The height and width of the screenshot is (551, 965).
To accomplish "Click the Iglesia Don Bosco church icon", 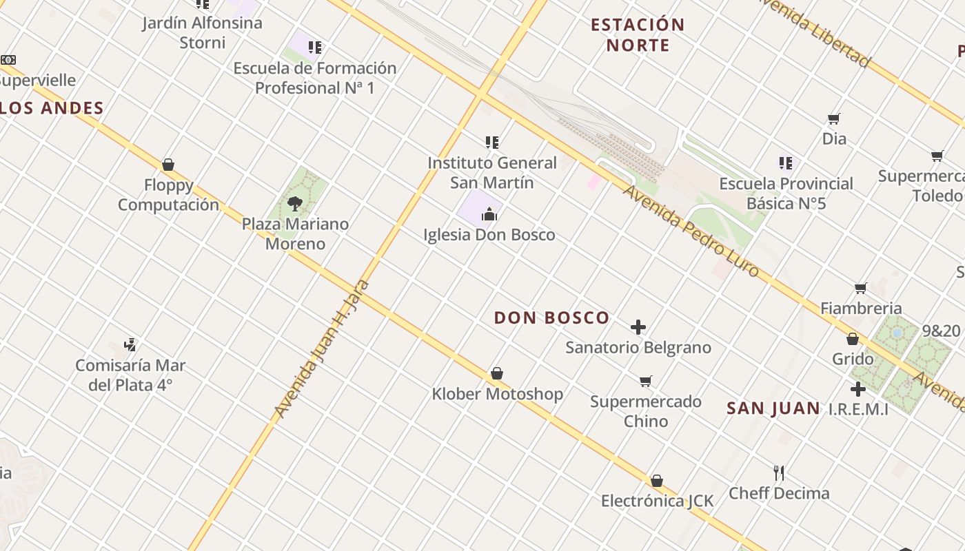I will click(x=489, y=214).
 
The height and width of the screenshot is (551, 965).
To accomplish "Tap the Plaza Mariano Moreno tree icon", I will click(x=295, y=203).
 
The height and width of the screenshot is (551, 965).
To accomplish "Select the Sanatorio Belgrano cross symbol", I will click(x=638, y=326).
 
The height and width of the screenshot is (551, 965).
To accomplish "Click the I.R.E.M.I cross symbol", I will click(x=857, y=389).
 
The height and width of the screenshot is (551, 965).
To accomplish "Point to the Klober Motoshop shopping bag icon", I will click(x=496, y=373).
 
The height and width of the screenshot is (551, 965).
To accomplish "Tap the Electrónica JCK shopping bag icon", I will click(x=657, y=480).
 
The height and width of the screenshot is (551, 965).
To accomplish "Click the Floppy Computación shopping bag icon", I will click(x=167, y=165).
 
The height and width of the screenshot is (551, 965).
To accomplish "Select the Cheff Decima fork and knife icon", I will click(x=779, y=472).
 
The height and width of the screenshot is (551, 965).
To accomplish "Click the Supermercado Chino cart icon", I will click(x=646, y=381).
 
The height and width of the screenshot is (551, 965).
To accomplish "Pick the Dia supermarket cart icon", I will click(x=834, y=118).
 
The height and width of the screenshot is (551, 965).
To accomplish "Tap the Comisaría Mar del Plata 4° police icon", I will click(x=130, y=344).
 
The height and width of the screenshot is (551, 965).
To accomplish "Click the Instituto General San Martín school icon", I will click(x=491, y=143).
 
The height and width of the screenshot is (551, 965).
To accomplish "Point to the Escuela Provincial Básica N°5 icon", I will click(x=786, y=163).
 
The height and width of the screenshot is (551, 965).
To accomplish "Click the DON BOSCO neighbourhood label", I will click(x=551, y=318).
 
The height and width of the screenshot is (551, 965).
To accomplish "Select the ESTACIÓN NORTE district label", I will click(x=638, y=35).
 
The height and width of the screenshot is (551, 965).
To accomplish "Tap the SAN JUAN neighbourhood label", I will click(x=773, y=408).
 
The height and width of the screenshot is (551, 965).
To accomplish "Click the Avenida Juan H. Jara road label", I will click(x=322, y=349).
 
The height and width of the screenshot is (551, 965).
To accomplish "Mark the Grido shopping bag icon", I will click(x=853, y=339).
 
